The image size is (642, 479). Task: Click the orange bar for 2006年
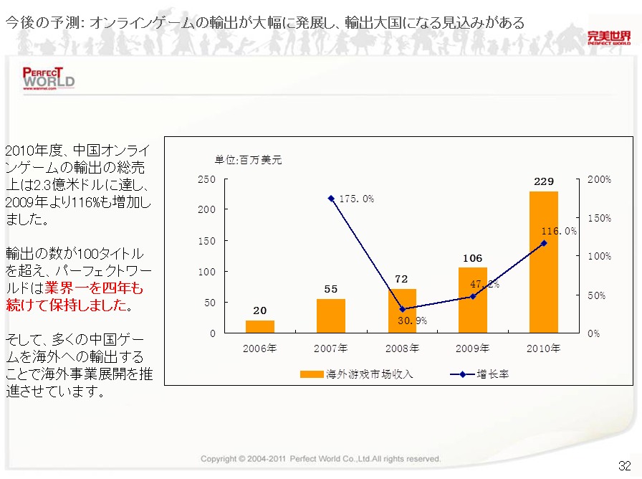259,326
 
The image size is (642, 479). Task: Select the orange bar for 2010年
543,262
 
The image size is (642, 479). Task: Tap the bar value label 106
472,258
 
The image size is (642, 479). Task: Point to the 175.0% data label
355,199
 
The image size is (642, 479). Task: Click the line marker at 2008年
402,309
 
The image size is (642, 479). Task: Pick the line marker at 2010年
543,243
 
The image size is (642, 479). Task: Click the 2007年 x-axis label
330,348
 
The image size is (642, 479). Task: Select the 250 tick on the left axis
208,179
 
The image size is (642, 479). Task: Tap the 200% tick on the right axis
600,179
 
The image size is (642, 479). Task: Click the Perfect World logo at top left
48,78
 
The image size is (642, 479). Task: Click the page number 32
624,464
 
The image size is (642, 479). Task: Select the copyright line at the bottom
320,459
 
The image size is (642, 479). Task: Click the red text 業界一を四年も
94,288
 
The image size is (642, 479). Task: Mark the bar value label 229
543,181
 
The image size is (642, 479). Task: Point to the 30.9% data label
412,321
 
